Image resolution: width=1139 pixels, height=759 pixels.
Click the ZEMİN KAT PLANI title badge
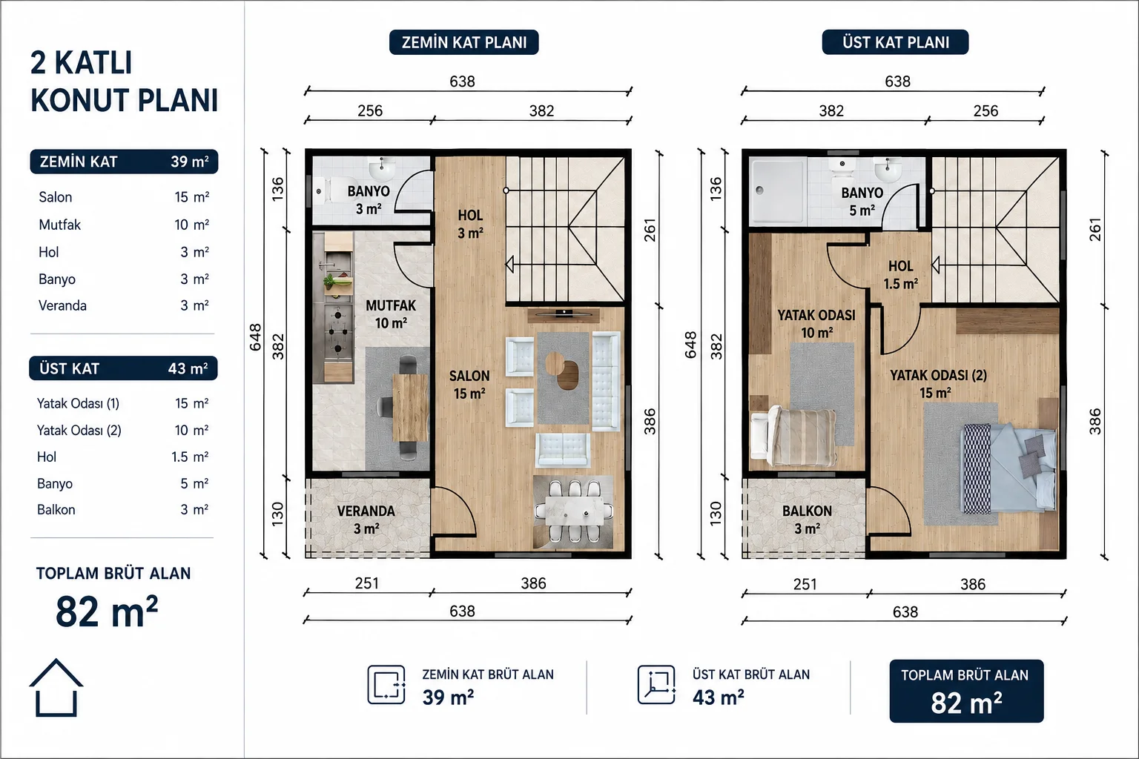click(463, 42)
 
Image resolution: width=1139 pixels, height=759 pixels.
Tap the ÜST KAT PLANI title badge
click(896, 42)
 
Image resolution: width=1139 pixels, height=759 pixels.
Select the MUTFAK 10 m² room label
click(391, 314)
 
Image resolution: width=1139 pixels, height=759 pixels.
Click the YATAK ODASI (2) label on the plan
click(938, 375)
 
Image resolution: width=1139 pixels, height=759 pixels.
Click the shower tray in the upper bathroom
click(777, 191)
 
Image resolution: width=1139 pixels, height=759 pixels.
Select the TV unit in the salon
click(563, 315)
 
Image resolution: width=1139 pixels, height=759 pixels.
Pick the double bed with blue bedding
click(1008, 468)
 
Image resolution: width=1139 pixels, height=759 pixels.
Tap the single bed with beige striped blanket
click(793, 436)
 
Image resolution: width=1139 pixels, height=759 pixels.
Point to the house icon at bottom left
click(56, 687)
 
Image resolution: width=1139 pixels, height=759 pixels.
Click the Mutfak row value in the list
click(192, 224)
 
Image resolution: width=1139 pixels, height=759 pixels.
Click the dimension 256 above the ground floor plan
click(370, 111)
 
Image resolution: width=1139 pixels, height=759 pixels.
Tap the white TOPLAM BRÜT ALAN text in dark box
click(965, 675)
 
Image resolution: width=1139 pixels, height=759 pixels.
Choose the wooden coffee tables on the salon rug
click(562, 370)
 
